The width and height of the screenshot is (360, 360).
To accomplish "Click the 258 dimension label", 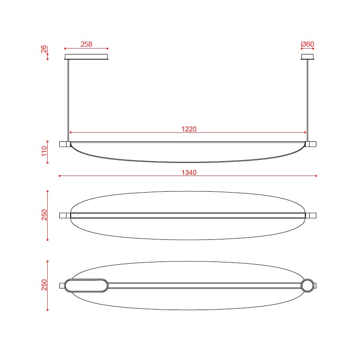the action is pos(86,44).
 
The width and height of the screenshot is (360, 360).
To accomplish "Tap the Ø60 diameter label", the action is pos(307,44).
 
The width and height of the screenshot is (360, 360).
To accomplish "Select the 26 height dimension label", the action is pos(44,49).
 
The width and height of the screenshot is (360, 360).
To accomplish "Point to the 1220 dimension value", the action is pos(189,129).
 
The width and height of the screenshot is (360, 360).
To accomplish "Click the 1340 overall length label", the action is pos(189,172).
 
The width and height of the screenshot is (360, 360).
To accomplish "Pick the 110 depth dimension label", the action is pos(44,151).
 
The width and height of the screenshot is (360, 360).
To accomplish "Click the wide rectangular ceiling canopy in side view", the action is pos(86,57).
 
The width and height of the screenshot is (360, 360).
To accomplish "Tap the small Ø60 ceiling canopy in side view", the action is pos(307,57).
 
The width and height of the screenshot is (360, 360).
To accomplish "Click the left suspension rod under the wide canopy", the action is pos(68,100).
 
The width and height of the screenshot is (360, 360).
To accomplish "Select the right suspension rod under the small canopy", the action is pos(307,100).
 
